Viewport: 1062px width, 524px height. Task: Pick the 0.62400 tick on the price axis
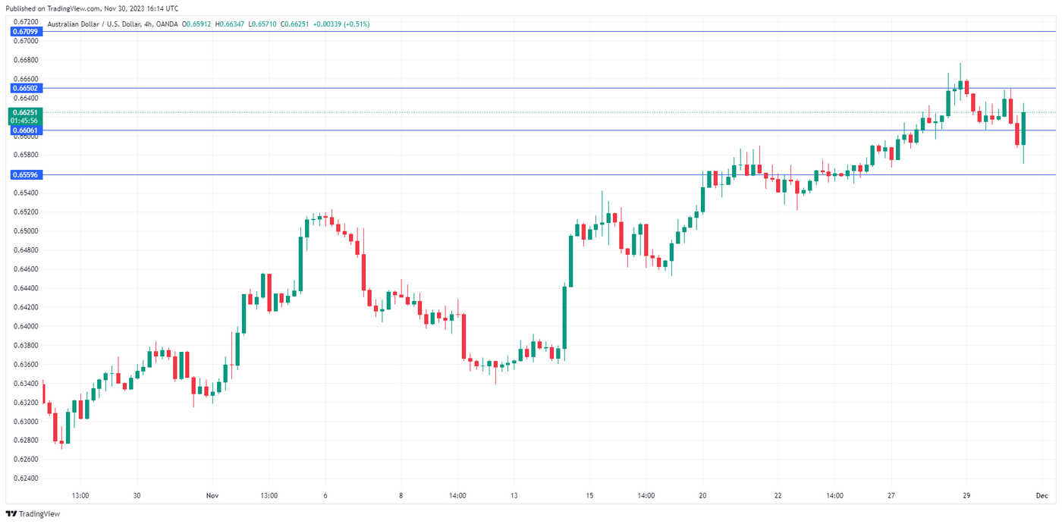(x=26, y=479)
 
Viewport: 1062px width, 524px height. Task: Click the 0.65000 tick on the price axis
(x=26, y=231)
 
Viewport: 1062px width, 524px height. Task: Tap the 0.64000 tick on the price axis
(x=26, y=326)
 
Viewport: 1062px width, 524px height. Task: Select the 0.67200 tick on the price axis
(x=26, y=22)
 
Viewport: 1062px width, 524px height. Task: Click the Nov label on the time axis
(x=212, y=495)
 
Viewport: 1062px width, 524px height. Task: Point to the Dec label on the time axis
(x=1042, y=495)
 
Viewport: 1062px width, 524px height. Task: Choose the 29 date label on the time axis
(x=966, y=495)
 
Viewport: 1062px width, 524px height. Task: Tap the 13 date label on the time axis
(x=514, y=495)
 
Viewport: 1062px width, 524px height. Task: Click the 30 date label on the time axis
(x=137, y=495)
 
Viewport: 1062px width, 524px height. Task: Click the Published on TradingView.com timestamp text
(x=90, y=8)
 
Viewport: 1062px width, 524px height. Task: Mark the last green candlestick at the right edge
(x=1023, y=129)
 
